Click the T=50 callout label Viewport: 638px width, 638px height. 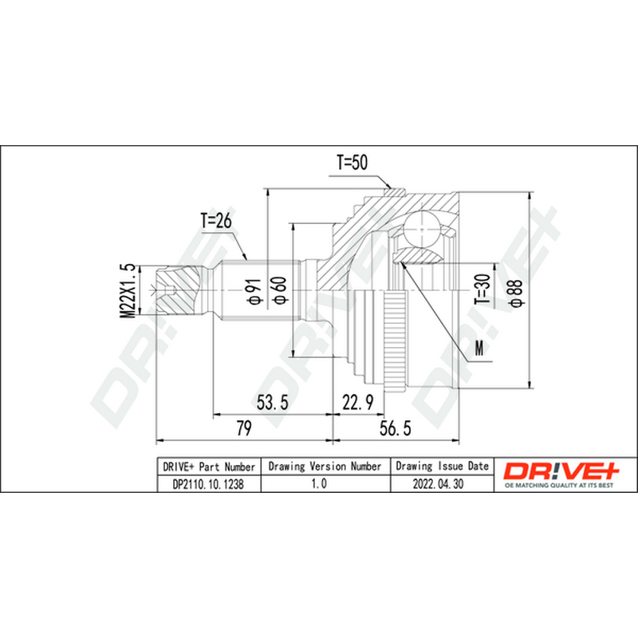[x=352, y=163]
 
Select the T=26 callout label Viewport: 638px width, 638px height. [x=215, y=221]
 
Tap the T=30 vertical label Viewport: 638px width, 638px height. [x=483, y=289]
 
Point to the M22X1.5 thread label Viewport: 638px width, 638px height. [x=128, y=290]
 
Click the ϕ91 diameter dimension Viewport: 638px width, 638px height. [x=254, y=292]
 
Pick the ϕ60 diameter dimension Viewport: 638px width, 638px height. [x=281, y=289]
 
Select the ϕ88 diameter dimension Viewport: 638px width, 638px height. [x=515, y=292]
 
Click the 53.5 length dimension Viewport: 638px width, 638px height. [x=272, y=402]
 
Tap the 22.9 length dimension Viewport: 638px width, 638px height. [x=357, y=403]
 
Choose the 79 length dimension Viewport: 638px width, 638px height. [x=244, y=428]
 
